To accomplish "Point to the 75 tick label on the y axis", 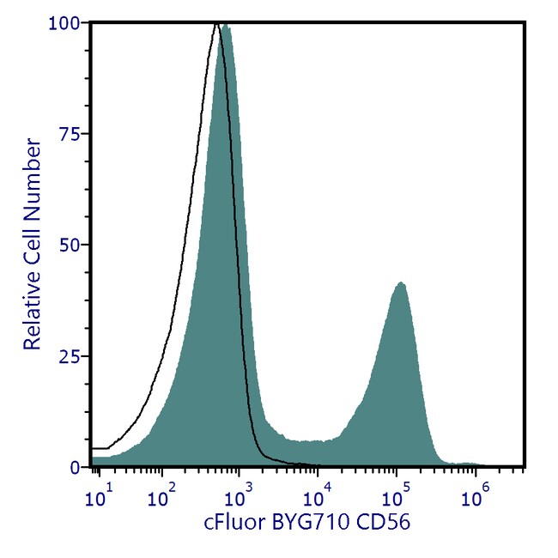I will (x=72, y=134).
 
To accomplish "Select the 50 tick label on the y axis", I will (x=72, y=245).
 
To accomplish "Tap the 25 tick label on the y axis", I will (x=72, y=356).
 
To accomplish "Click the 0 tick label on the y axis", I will (x=76, y=467).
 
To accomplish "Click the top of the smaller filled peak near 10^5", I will (x=399, y=282).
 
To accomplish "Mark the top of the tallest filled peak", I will (x=226, y=26).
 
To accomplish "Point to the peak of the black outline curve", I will (x=215, y=24).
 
